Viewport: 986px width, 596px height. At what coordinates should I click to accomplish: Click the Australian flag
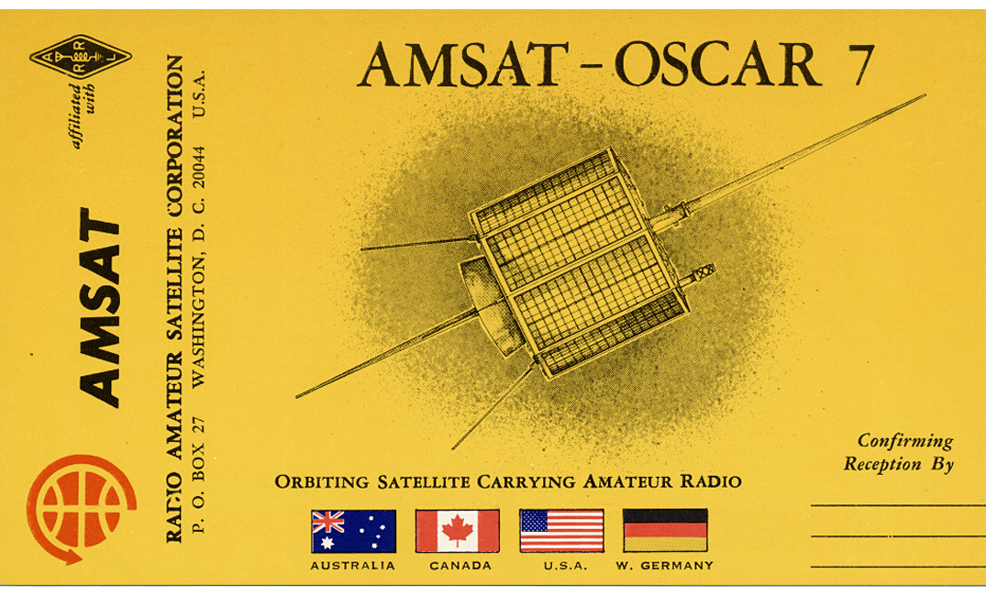pos(353,531)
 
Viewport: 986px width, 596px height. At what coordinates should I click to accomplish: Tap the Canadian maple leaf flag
pos(457,531)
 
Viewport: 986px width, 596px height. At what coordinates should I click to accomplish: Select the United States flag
pos(561,531)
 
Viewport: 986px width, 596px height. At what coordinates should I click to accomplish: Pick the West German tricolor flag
pos(665,531)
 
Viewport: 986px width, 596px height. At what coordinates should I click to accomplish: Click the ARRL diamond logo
pos(81,57)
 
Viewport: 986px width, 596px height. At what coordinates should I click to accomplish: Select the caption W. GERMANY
pos(665,566)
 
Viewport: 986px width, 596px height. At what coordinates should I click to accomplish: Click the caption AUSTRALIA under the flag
pos(353,566)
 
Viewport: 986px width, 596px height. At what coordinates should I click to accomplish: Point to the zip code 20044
pos(199,167)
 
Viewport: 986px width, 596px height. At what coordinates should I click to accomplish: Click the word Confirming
pos(905,441)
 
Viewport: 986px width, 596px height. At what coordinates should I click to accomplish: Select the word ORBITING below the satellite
pos(322,482)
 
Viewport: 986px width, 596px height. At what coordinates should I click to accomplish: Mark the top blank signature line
pos(898,505)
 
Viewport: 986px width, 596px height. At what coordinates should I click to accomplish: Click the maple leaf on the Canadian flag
pos(457,531)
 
